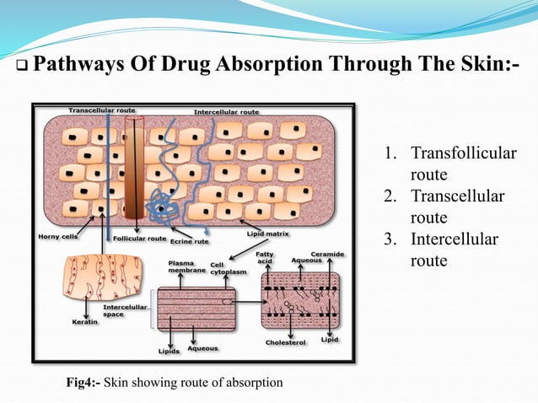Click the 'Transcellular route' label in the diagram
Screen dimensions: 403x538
(x=104, y=110)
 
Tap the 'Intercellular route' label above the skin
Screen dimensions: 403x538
(x=226, y=111)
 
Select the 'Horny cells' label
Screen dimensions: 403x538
(x=58, y=237)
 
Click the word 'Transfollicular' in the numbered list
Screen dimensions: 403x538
(x=463, y=154)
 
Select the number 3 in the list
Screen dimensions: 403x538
(x=389, y=239)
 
